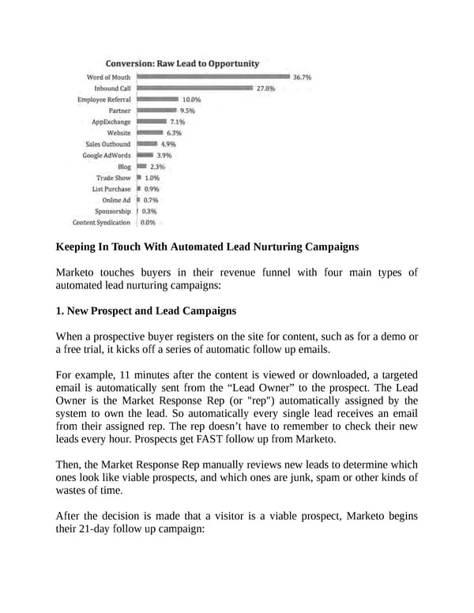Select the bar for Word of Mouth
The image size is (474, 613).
[213, 77]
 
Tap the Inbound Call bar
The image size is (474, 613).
[194, 88]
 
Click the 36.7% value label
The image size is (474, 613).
[302, 78]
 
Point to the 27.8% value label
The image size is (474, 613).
[265, 89]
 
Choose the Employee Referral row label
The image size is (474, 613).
[103, 100]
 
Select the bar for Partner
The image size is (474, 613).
[155, 111]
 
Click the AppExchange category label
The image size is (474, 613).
[111, 122]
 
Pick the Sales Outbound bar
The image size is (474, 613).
[146, 145]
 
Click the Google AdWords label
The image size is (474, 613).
[107, 156]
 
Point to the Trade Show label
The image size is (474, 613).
[114, 178]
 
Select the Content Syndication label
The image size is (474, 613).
[101, 222]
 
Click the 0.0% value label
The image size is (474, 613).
[148, 223]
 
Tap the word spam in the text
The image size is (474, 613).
[321, 479]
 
